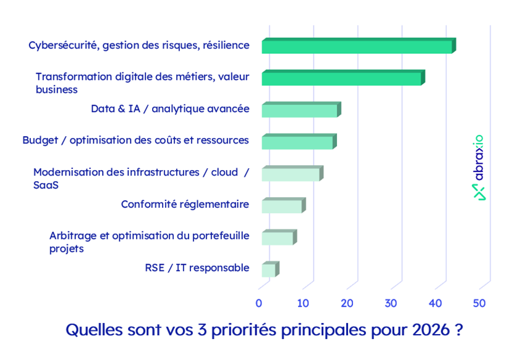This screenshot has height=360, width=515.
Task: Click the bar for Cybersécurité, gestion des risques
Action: tap(357, 46)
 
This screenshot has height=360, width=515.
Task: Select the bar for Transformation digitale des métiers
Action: tap(342, 79)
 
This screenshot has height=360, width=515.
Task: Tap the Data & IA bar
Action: tap(300, 111)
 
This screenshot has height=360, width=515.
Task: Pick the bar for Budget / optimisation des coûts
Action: tap(297, 142)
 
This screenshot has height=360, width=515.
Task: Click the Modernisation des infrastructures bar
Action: tap(291, 174)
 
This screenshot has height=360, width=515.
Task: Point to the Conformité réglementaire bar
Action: tap(283, 206)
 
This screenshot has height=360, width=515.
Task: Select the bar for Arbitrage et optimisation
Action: tap(278, 238)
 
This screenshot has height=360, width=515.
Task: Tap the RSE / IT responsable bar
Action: tap(269, 270)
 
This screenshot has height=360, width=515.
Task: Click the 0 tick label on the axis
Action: tap(259, 303)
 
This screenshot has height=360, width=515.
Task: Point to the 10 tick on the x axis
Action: tap(303, 303)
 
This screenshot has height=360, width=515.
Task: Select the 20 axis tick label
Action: tap(347, 303)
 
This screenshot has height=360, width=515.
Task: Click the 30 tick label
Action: tap(391, 303)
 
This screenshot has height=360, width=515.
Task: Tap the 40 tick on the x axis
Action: tap(435, 303)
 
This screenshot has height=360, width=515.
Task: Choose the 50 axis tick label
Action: tap(479, 303)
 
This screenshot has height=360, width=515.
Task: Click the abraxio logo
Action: tap(479, 168)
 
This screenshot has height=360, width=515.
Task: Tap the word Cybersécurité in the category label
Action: tap(64, 45)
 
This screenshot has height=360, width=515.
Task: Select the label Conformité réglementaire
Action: tap(185, 204)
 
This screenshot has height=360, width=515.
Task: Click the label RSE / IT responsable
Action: tap(197, 268)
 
